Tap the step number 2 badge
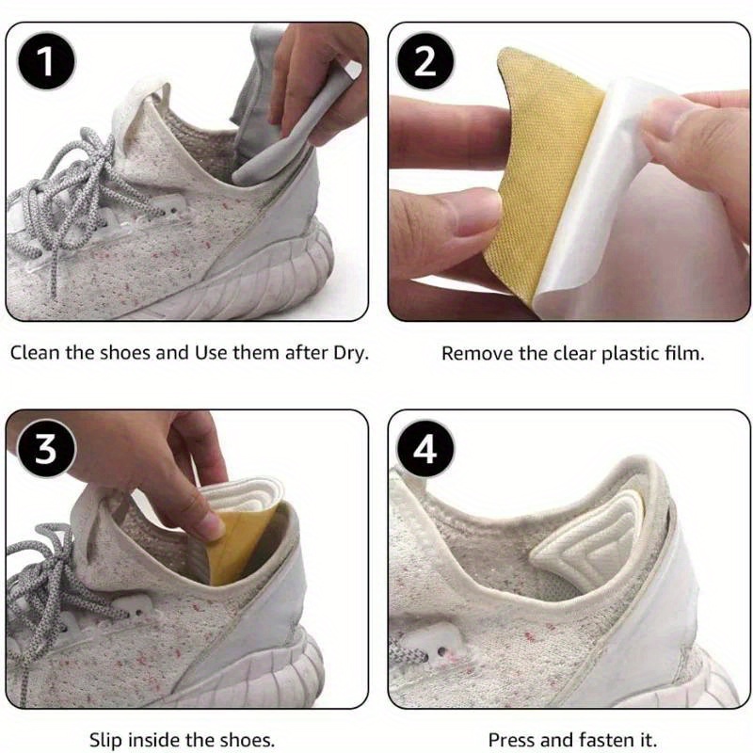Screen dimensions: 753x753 [425, 62]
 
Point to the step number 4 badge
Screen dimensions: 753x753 [425, 450]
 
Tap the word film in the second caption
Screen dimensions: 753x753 [683, 354]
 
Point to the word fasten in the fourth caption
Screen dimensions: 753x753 [602, 740]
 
